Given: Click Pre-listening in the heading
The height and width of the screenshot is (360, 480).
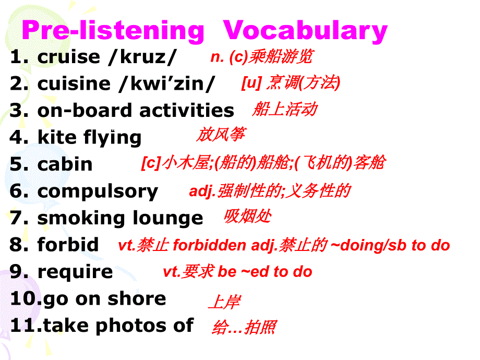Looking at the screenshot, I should click(113, 31).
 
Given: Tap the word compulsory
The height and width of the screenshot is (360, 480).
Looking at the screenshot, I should click(98, 191).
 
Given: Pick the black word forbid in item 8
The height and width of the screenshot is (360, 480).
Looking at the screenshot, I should click(68, 245).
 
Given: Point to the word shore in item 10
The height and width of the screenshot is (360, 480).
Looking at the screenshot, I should click(142, 299).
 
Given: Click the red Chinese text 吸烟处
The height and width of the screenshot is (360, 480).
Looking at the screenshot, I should click(247, 216).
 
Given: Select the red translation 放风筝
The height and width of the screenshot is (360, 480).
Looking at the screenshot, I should click(220, 135).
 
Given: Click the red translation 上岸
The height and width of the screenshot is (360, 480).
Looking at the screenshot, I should click(224, 302).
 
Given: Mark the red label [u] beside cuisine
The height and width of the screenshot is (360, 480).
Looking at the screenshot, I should click(251, 83).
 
